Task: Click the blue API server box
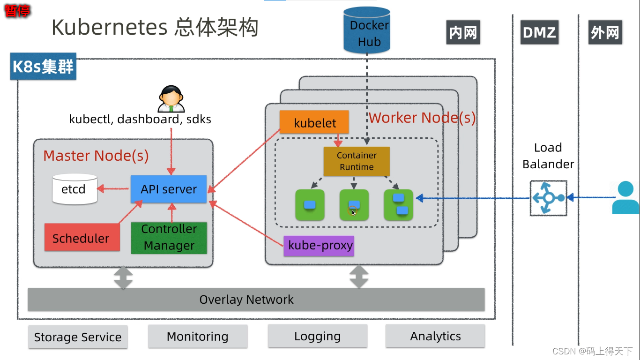coord(168,189)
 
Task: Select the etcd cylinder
coord(74,189)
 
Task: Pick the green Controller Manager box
coord(169,238)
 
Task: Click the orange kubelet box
coord(314,123)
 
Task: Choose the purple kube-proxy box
coord(319,246)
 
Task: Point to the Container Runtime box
coord(357,161)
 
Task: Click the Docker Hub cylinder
coord(366,30)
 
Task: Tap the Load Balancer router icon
coord(548,198)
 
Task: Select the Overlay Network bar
coord(256,300)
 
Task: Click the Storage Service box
coord(78,337)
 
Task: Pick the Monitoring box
coord(198,336)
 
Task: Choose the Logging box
coord(317,336)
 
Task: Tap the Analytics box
coord(435,336)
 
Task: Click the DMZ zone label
coord(539,33)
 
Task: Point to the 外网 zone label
coord(604,33)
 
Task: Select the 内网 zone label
coord(462,33)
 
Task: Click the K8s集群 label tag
coord(43,67)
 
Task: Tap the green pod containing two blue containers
coord(398,205)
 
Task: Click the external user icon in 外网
coord(625,198)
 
